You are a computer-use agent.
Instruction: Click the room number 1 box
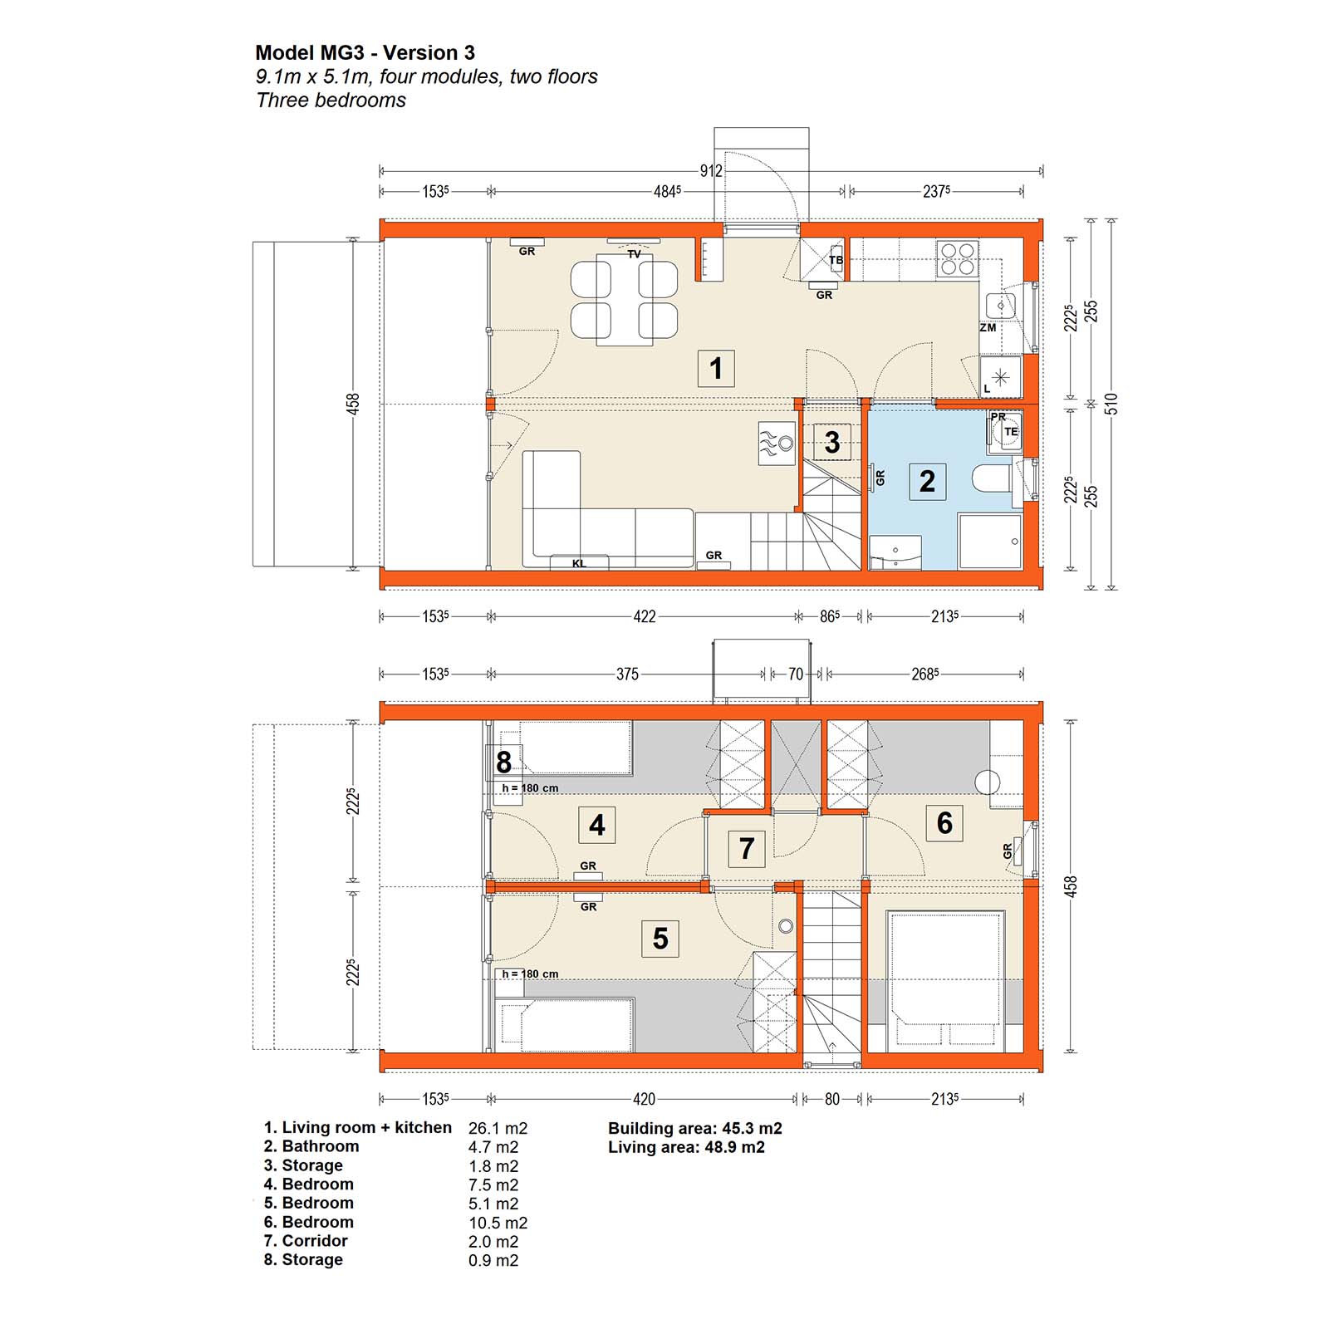click(716, 368)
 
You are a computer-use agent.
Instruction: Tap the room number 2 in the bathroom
click(927, 481)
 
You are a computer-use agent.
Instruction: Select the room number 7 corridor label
click(746, 848)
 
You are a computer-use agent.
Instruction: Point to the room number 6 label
click(944, 822)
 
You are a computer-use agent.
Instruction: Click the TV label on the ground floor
click(634, 253)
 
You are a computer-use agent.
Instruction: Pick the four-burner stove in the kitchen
click(957, 258)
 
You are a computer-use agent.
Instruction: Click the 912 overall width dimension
click(711, 171)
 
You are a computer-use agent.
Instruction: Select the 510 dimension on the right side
click(1111, 405)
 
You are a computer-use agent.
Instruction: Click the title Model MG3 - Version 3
click(365, 52)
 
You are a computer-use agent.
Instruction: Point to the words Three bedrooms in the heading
click(331, 101)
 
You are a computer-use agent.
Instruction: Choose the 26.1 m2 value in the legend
click(498, 1128)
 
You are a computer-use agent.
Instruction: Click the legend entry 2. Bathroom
click(311, 1146)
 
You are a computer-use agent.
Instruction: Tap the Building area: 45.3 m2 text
click(695, 1128)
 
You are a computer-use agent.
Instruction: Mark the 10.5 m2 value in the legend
click(498, 1223)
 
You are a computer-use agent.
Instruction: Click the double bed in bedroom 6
click(945, 979)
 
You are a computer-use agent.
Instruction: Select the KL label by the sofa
click(579, 563)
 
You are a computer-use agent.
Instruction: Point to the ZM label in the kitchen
click(988, 328)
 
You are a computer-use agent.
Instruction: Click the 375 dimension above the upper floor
click(627, 674)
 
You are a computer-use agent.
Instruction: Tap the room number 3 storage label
click(831, 443)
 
